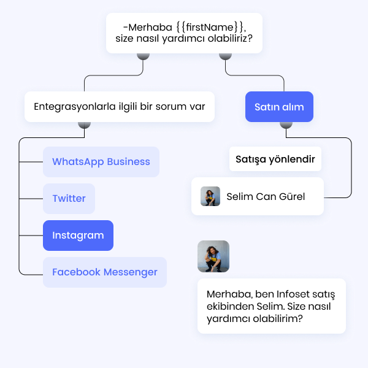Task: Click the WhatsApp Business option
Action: point(101,162)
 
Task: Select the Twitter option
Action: point(69,199)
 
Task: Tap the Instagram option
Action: point(78,236)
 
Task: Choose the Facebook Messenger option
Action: point(105,272)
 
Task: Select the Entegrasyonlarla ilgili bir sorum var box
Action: point(120,107)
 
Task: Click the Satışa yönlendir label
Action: point(275,159)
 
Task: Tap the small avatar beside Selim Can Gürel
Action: point(210,196)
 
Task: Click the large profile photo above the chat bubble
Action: point(213,256)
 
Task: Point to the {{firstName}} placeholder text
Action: point(210,28)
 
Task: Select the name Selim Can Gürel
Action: point(266,197)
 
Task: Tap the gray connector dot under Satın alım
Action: point(285,125)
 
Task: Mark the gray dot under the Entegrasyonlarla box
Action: point(85,125)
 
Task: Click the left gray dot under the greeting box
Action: point(143,55)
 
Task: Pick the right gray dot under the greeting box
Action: point(225,55)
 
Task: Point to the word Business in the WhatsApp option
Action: point(128,162)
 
